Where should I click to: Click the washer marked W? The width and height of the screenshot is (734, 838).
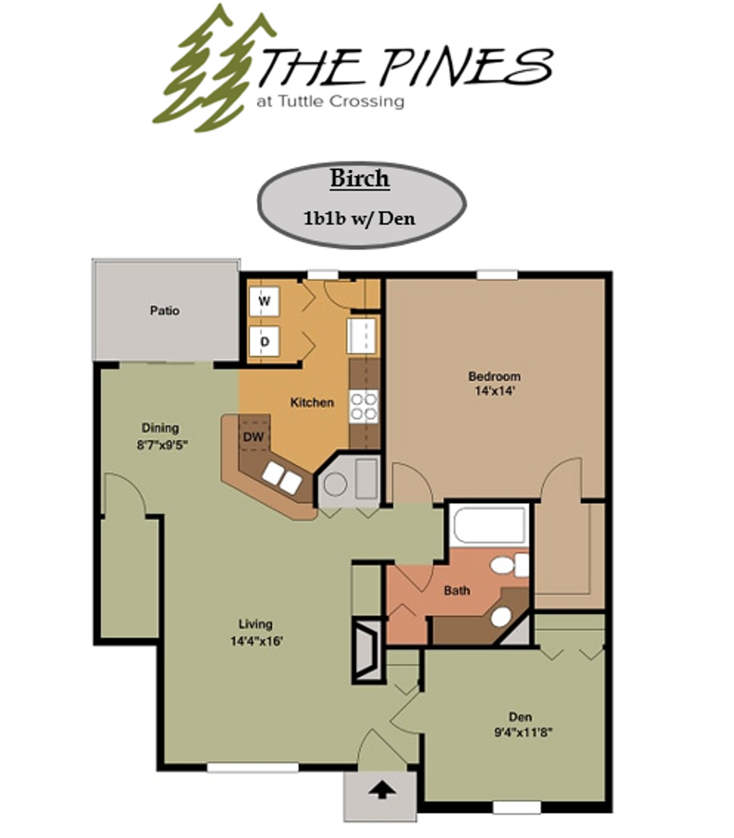click(264, 303)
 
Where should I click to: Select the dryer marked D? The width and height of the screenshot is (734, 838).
click(264, 340)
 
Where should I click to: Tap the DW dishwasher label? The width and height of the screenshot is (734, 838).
click(253, 438)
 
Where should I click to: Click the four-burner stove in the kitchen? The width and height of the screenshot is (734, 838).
click(364, 407)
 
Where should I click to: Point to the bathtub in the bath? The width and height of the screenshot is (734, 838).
click(492, 526)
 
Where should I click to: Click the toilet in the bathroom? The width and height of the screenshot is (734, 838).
click(510, 564)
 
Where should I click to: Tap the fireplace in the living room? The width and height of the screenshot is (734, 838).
click(367, 649)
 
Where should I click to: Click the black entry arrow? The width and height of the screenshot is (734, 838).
click(380, 791)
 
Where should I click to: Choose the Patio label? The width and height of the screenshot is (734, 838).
click(165, 311)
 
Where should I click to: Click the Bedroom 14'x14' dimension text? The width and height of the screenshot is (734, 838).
click(494, 391)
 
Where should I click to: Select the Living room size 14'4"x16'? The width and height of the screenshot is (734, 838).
click(256, 640)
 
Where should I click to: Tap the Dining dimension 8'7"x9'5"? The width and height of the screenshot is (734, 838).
click(161, 445)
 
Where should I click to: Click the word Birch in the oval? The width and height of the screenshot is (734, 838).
click(360, 178)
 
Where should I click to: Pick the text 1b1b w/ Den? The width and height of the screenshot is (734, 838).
click(360, 218)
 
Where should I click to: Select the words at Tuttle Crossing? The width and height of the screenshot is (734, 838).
click(330, 100)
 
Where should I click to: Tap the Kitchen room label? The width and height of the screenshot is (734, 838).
click(311, 403)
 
